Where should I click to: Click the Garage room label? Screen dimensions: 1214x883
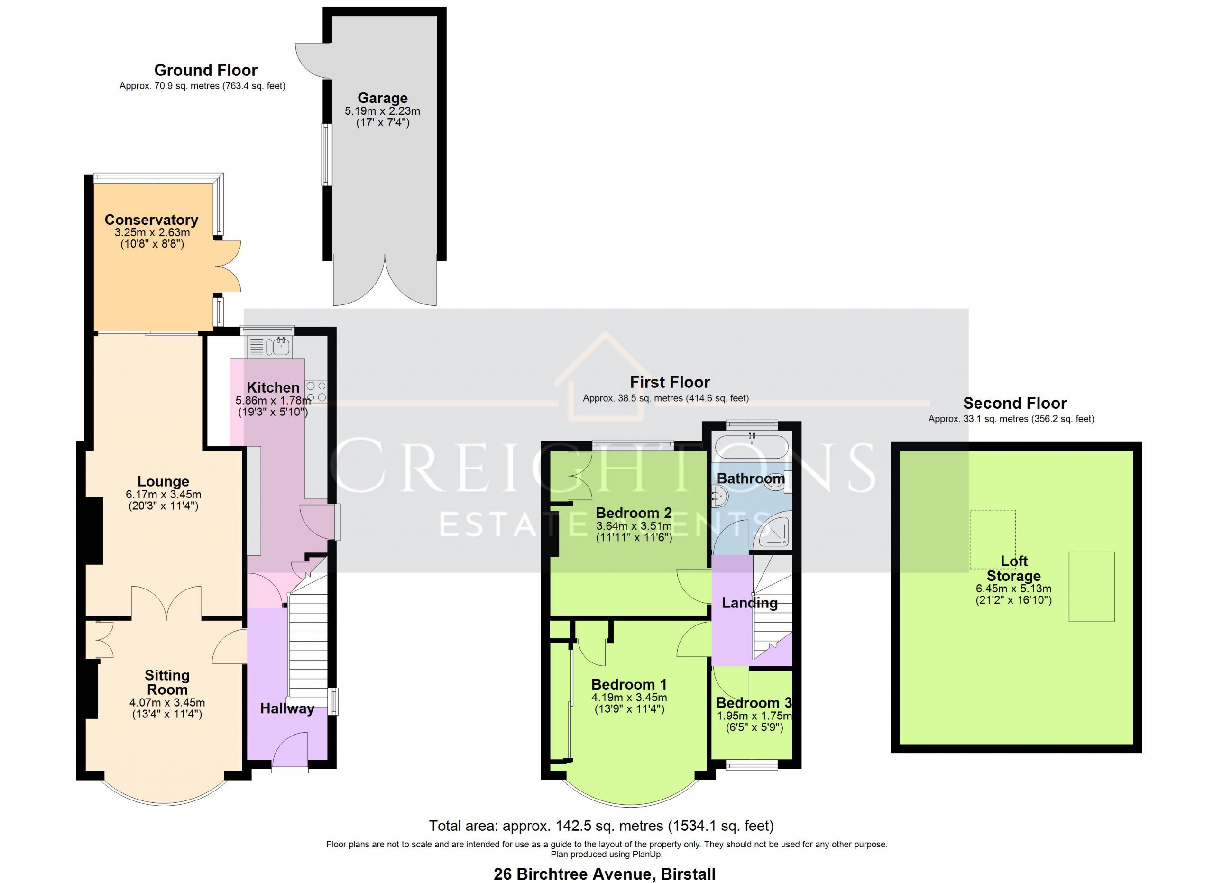pyautogui.click(x=382, y=98)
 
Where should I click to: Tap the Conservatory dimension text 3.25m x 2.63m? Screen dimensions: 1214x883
pyautogui.click(x=152, y=233)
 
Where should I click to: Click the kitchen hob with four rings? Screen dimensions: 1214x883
pyautogui.click(x=316, y=391)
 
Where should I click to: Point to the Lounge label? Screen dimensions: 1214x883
pyautogui.click(x=163, y=481)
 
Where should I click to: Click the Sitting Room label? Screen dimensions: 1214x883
pyautogui.click(x=167, y=682)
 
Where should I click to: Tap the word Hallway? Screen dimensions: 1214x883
pyautogui.click(x=287, y=708)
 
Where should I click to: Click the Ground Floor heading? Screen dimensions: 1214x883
pyautogui.click(x=205, y=70)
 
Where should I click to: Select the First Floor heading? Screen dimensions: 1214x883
pyautogui.click(x=670, y=382)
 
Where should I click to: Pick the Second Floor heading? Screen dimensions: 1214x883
pyautogui.click(x=1015, y=403)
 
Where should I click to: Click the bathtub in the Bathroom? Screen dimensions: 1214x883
pyautogui.click(x=752, y=447)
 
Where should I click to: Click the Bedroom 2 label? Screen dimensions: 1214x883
pyautogui.click(x=634, y=513)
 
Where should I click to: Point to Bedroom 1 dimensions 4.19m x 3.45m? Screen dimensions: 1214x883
pyautogui.click(x=629, y=698)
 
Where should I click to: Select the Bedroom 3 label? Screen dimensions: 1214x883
pyautogui.click(x=754, y=703)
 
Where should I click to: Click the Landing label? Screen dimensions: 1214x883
pyautogui.click(x=749, y=603)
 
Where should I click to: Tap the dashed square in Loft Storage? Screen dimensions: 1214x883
pyautogui.click(x=993, y=539)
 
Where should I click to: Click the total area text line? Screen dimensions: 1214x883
pyautogui.click(x=601, y=826)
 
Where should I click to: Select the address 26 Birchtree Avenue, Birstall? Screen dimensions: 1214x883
pyautogui.click(x=604, y=874)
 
